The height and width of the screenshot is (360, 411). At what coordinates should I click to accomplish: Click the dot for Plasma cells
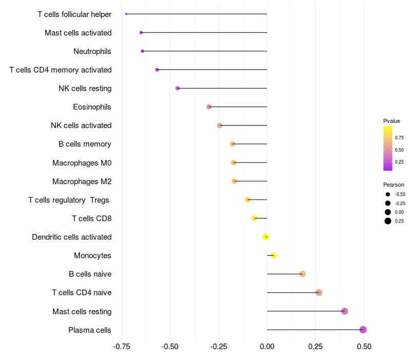pyautogui.click(x=363, y=330)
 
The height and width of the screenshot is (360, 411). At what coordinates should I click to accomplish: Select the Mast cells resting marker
pyautogui.click(x=344, y=311)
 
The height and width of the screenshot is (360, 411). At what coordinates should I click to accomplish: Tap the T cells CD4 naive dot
pyautogui.click(x=319, y=293)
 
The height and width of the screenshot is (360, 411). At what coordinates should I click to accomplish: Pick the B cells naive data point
pyautogui.click(x=303, y=274)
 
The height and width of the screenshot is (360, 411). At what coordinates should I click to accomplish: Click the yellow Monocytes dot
pyautogui.click(x=273, y=256)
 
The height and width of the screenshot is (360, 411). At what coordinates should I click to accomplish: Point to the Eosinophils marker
pyautogui.click(x=209, y=107)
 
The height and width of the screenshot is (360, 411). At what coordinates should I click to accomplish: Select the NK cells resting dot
pyautogui.click(x=178, y=88)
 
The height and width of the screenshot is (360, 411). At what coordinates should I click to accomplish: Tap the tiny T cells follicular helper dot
pyautogui.click(x=126, y=14)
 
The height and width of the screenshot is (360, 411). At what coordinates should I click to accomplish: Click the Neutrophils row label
pyautogui.click(x=92, y=51)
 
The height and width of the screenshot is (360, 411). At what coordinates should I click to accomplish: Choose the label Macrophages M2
pyautogui.click(x=82, y=182)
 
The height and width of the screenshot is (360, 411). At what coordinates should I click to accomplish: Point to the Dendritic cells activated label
pyautogui.click(x=72, y=237)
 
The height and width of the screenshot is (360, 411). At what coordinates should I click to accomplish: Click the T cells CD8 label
pyautogui.click(x=92, y=219)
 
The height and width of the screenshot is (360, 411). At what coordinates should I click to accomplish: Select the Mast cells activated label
pyautogui.click(x=78, y=33)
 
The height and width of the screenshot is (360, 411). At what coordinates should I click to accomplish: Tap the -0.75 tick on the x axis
pyautogui.click(x=121, y=347)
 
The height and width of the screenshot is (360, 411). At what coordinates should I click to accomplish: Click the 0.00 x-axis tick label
pyautogui.click(x=267, y=347)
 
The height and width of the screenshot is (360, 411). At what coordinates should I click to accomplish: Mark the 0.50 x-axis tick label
pyautogui.click(x=364, y=347)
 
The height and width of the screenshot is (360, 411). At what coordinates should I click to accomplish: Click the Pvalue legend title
pyautogui.click(x=391, y=121)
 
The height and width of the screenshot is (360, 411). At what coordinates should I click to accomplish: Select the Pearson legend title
pyautogui.click(x=394, y=185)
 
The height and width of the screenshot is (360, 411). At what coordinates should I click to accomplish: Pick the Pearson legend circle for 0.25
pyautogui.click(x=388, y=221)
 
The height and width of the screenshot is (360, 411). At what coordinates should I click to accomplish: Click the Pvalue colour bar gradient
pyautogui.click(x=388, y=148)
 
